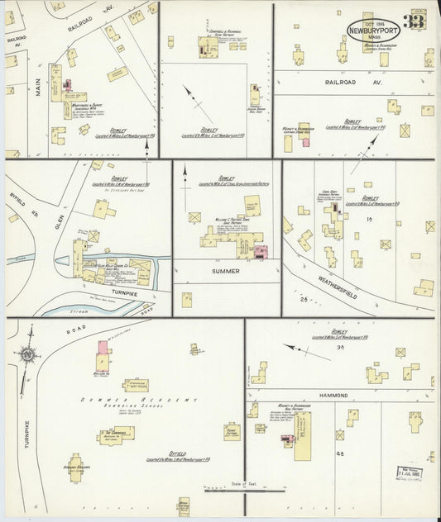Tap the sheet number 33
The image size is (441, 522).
click(413, 22)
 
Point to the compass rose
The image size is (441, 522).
click(26, 354)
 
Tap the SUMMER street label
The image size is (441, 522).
click(226, 270)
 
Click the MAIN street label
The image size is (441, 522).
click(38, 87)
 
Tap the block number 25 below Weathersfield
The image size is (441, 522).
click(304, 298)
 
